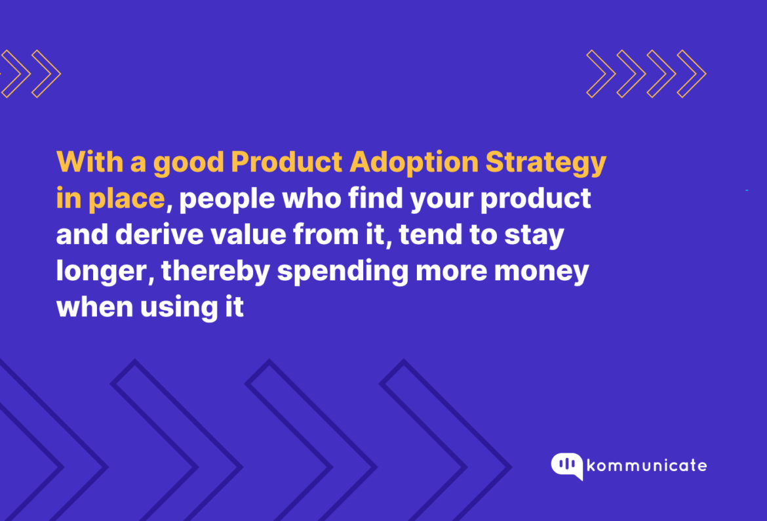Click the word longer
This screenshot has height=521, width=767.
point(104,272)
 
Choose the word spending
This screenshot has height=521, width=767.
point(342,272)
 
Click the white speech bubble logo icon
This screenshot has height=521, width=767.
point(567,465)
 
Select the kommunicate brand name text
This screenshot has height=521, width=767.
point(647,466)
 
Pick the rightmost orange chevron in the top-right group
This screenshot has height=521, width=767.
point(692,74)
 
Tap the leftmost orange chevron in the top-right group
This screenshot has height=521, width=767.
point(601,74)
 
